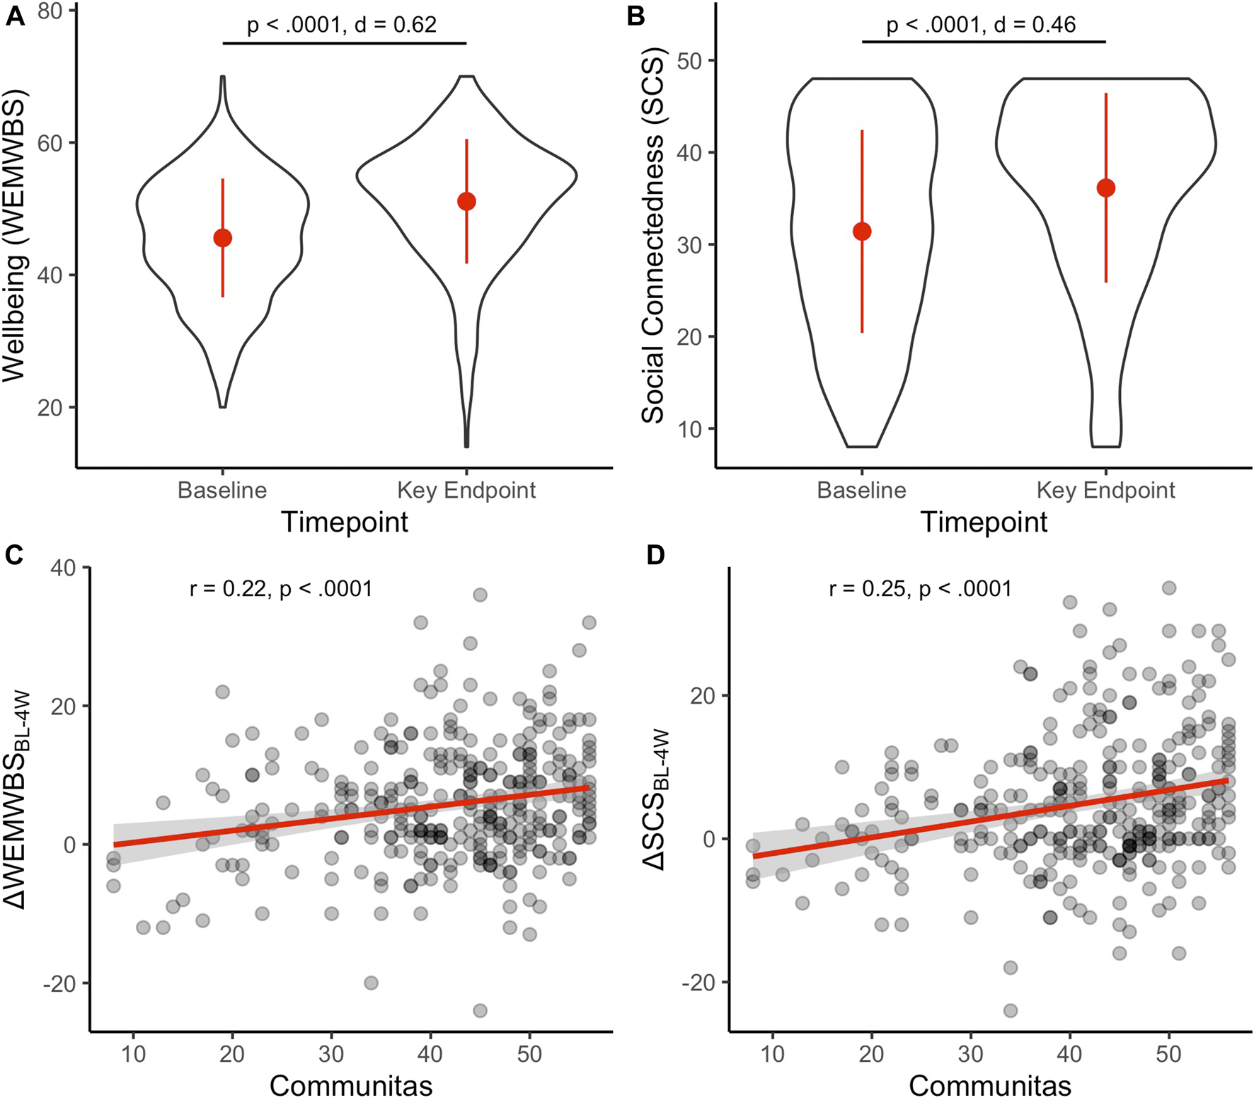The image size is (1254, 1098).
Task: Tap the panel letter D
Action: coord(655,555)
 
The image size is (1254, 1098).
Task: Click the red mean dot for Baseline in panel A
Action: coord(222,238)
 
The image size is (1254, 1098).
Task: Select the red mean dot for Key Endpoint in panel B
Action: coord(1105,188)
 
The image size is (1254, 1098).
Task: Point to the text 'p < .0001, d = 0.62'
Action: coord(342,25)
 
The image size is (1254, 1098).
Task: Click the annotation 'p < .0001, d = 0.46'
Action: coord(981,25)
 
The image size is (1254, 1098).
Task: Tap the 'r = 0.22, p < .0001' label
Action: coord(281,588)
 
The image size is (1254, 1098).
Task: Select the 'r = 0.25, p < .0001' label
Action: coord(920,588)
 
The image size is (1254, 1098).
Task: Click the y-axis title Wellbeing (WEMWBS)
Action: coord(14,235)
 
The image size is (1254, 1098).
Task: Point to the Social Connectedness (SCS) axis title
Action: coord(652,235)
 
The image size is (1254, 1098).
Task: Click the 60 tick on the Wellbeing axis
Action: coord(50,143)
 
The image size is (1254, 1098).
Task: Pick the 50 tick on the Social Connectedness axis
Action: coord(689,61)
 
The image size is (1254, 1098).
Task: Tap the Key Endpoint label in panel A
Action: coord(466,490)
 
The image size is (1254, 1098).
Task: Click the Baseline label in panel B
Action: coord(861,490)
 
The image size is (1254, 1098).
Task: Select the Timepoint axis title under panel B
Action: coord(984,522)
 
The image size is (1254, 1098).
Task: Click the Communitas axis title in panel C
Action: coord(351,1085)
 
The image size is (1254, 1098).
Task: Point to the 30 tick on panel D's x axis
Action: coord(970,1054)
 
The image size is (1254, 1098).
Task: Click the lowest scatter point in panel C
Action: coord(480,1010)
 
